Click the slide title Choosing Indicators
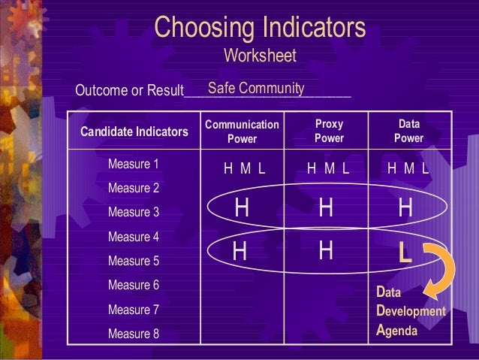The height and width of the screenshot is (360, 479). click(x=260, y=28)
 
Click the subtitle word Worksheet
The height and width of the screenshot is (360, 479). click(x=260, y=56)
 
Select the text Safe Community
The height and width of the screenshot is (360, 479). click(x=255, y=89)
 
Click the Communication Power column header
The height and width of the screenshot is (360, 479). click(x=242, y=132)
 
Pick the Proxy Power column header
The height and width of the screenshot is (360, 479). click(x=329, y=132)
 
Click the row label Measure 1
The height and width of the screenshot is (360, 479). click(x=134, y=164)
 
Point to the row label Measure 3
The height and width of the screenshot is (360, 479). click(x=134, y=213)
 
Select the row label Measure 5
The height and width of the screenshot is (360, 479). click(x=134, y=262)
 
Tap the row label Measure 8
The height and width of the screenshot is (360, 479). click(x=134, y=334)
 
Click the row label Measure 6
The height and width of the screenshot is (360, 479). click(x=134, y=286)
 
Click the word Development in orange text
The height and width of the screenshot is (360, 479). click(x=411, y=310)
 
